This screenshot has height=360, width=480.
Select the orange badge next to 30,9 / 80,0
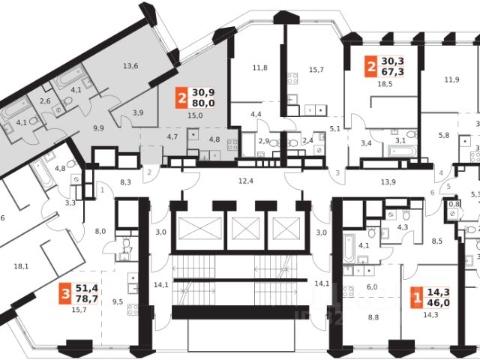(x=181, y=97)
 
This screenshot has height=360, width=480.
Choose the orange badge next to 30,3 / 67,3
(x=370, y=66)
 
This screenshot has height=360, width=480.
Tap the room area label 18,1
(x=21, y=265)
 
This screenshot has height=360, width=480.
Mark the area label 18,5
(x=385, y=85)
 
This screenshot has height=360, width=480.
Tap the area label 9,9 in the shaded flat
(x=98, y=128)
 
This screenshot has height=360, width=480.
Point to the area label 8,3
(x=125, y=181)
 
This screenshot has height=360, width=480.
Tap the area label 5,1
(x=334, y=128)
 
